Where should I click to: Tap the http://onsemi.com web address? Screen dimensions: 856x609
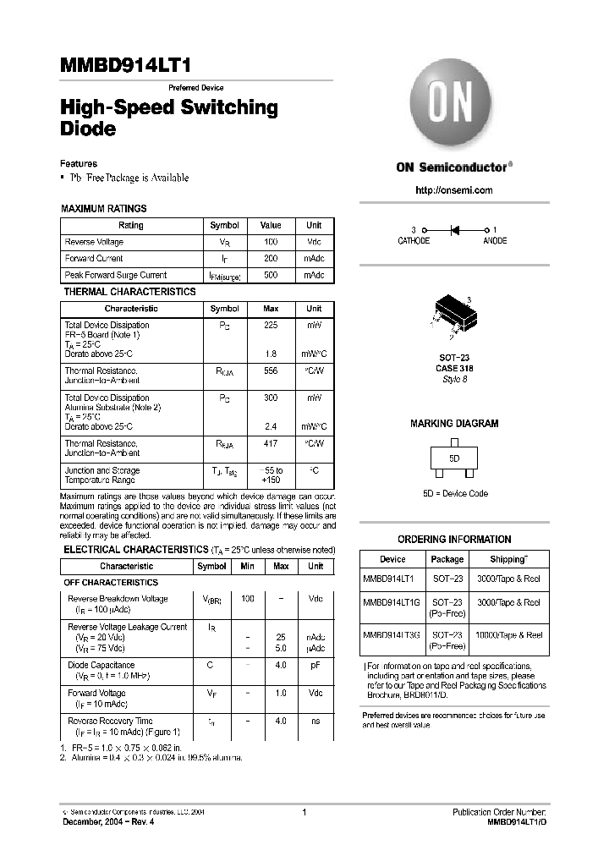[453, 190]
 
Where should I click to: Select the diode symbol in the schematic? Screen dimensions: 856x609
[453, 229]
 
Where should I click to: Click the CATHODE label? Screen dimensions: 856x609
[414, 241]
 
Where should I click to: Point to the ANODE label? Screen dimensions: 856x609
[495, 241]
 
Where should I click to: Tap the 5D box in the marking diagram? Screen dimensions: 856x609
[454, 458]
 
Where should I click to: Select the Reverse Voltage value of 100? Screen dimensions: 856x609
[271, 243]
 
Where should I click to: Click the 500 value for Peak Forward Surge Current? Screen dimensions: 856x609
[271, 275]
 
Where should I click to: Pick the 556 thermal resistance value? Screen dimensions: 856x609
[271, 371]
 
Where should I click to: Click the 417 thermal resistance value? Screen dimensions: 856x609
[271, 443]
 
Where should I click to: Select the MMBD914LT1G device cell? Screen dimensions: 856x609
[392, 602]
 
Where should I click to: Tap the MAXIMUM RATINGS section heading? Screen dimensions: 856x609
[104, 208]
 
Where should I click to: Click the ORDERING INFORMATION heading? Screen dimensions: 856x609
[454, 539]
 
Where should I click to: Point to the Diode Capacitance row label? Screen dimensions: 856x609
[101, 666]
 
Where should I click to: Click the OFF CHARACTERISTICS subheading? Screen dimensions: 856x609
[111, 583]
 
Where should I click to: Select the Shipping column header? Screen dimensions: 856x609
[508, 559]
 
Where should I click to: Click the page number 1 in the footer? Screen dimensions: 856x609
[304, 812]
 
